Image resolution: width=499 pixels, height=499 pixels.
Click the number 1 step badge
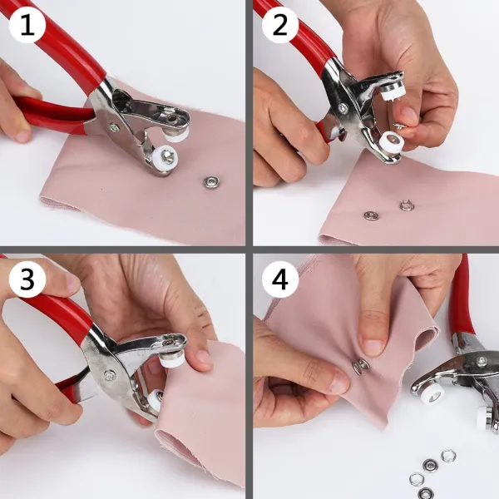27,25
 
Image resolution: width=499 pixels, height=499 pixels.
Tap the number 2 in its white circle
280,25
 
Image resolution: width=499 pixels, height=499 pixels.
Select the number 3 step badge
27,279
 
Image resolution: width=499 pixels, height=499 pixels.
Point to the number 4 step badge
280,279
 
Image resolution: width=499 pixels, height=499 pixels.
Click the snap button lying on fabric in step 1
211,182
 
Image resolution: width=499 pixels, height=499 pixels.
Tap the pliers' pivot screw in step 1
114,127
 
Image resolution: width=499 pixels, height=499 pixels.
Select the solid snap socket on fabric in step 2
371,215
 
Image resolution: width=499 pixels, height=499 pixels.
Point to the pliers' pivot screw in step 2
343,107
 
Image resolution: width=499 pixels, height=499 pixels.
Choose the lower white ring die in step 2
392,141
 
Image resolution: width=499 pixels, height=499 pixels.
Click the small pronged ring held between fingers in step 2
399,126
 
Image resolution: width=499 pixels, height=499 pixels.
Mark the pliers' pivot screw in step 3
110,376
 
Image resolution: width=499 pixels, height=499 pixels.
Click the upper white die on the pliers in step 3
170,358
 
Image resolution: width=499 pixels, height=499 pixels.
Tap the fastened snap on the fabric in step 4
360,366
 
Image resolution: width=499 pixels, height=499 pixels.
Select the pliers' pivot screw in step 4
482,361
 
